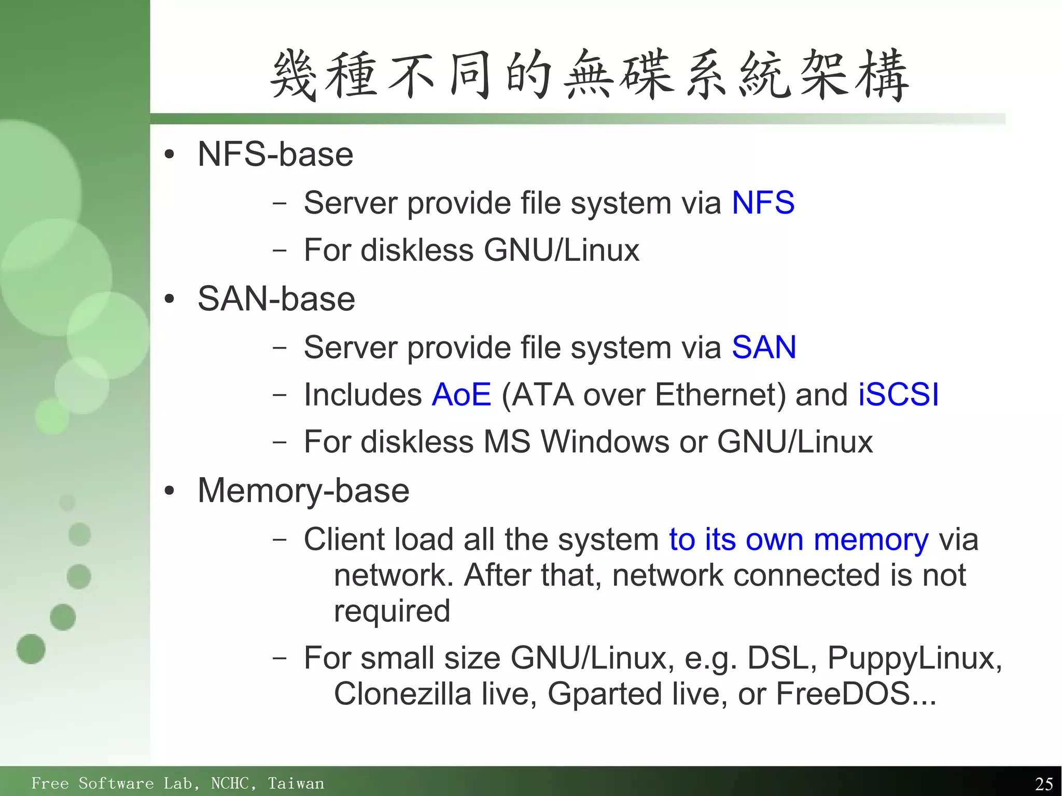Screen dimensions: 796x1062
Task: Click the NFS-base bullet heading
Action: click(275, 155)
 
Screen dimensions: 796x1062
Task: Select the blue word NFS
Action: click(763, 202)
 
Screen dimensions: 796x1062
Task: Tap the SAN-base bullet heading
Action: click(276, 299)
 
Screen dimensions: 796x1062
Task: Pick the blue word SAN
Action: click(764, 347)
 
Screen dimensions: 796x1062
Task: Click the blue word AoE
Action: click(462, 395)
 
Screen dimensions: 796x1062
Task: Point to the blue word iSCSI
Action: click(898, 395)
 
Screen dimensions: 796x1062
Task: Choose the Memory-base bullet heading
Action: click(303, 491)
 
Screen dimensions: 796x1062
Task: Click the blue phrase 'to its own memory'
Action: click(799, 539)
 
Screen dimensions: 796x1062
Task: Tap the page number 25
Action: click(1043, 784)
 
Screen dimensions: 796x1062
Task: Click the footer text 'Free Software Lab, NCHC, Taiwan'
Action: click(177, 783)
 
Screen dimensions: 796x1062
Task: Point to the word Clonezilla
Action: click(402, 694)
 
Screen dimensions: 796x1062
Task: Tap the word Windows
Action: click(605, 442)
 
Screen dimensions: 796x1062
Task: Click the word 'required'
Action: click(392, 611)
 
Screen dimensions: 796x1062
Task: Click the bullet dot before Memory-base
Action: click(169, 491)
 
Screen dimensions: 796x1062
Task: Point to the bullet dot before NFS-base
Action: click(169, 155)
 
